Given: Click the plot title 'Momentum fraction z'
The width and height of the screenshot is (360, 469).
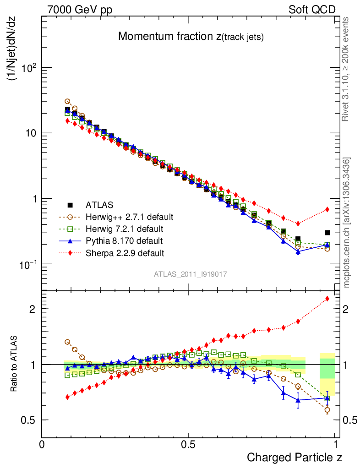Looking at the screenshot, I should (191, 37).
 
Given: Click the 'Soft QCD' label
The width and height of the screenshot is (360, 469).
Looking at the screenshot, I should (312, 10).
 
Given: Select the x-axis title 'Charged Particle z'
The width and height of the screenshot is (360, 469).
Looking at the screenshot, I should (294, 457).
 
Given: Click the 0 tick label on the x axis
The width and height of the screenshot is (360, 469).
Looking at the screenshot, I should (42, 444).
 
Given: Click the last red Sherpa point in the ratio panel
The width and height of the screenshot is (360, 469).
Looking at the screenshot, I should (327, 299).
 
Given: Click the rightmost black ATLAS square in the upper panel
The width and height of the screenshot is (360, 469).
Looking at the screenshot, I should (327, 233).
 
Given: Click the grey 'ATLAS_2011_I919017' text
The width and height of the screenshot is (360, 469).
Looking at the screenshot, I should (191, 274).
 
